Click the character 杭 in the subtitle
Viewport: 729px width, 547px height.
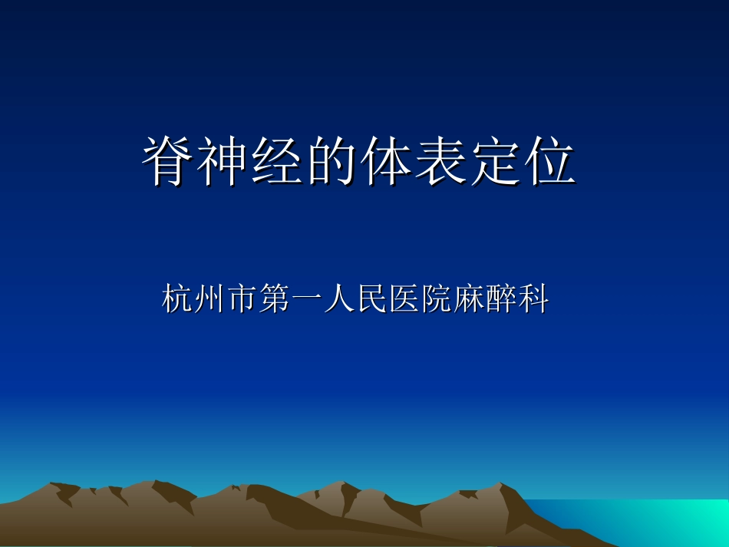tap(178, 298)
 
